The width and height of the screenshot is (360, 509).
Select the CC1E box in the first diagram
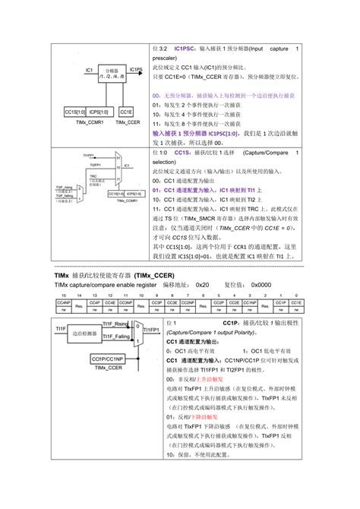tap(127, 111)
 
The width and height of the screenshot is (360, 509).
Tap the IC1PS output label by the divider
tap(135, 70)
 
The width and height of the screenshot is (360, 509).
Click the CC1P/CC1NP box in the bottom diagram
tap(108, 358)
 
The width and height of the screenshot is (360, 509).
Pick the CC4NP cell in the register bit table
tap(63, 302)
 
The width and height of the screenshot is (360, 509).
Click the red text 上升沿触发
tap(210, 378)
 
